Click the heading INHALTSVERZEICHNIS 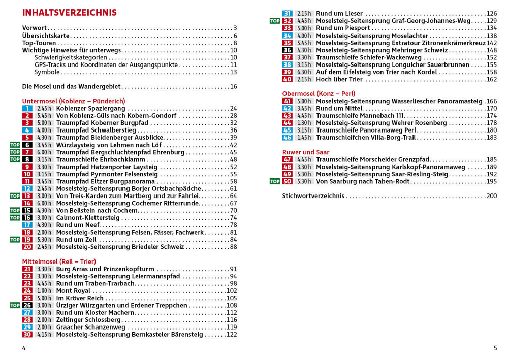tap(70, 13)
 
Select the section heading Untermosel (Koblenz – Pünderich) tap(74, 101)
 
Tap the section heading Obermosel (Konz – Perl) tap(319, 94)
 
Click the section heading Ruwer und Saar tap(306, 152)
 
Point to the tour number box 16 tap(27, 218)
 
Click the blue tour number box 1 tap(27, 109)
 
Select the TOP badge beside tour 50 tap(275, 181)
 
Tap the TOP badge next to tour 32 tap(275, 21)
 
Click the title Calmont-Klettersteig tap(87, 218)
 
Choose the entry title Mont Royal tap(73, 291)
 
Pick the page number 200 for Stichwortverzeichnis tap(491, 196)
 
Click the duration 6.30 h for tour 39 tap(304, 72)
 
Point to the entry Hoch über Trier tap(340, 79)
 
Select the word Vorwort tap(35, 28)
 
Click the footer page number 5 tap(495, 348)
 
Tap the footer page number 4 tap(24, 348)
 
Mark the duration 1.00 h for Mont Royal tap(44, 291)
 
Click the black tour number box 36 tap(288, 50)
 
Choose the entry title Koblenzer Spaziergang tap(90, 109)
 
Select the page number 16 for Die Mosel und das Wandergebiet tap(234, 87)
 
